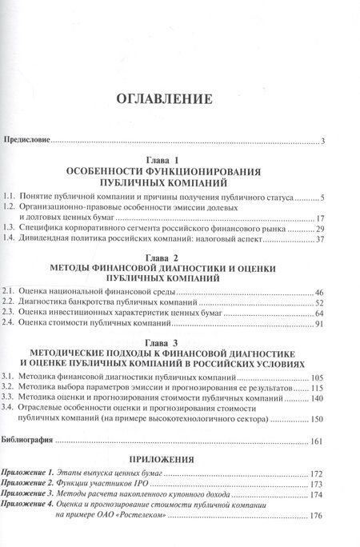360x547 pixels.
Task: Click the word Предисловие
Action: (x=28, y=142)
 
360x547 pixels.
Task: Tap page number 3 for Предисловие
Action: (x=319, y=142)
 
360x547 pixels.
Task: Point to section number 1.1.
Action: (x=10, y=197)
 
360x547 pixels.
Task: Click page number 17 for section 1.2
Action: (x=318, y=219)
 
